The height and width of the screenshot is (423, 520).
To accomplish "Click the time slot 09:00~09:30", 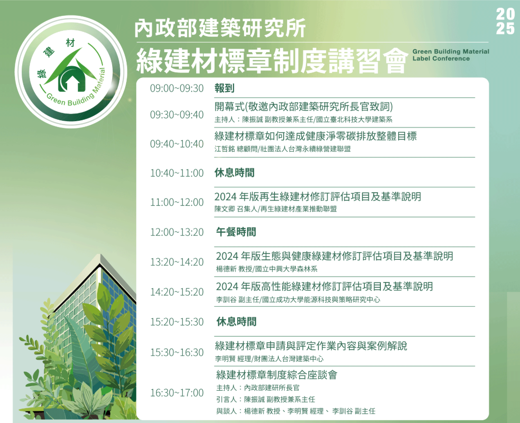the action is point(177,88).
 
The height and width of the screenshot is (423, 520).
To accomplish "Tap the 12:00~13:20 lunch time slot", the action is point(177,232).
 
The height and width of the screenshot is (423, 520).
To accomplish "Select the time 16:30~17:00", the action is point(177,393).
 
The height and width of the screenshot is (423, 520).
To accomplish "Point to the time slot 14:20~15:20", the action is point(177,292).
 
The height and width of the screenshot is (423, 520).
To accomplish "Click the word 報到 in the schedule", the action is point(225,88).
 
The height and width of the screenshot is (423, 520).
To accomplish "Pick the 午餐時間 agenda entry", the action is point(236,232).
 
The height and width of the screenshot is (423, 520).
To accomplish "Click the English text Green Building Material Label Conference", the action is point(451,55).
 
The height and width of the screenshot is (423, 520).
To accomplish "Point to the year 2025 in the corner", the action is point(506,22).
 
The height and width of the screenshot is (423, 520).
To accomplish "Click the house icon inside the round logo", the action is point(72,80).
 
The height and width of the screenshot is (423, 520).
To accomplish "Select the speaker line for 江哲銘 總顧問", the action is point(283,149).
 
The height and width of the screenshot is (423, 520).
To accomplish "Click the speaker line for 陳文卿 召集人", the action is point(275,209).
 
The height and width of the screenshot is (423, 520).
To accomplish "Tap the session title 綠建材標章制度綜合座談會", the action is point(276,375).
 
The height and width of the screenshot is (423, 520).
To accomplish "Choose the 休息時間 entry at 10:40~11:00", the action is point(234,172).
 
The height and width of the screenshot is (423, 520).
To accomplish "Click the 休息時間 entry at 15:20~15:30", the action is point(236,322).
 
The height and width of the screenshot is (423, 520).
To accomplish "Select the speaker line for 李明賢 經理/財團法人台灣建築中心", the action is point(269,359).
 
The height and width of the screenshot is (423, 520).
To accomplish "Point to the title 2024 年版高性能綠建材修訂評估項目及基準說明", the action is point(324,286).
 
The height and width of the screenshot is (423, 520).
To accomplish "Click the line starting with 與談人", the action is point(296,411).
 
